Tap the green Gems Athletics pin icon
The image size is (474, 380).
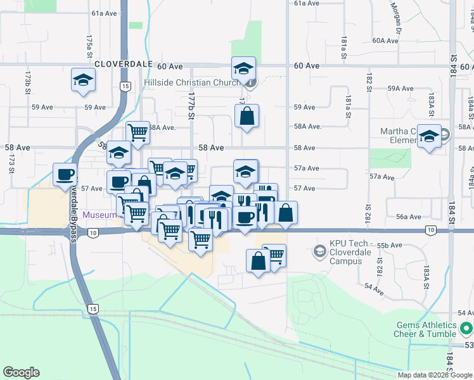[466, 329]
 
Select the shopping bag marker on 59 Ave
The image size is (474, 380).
[247, 117]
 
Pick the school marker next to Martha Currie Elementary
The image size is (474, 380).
[429, 137]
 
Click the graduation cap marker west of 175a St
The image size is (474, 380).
[83, 80]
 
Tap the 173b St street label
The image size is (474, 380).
[28, 82]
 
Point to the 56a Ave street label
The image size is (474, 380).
[409, 217]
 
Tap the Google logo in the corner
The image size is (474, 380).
[21, 372]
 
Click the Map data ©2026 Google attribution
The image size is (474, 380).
[435, 375]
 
